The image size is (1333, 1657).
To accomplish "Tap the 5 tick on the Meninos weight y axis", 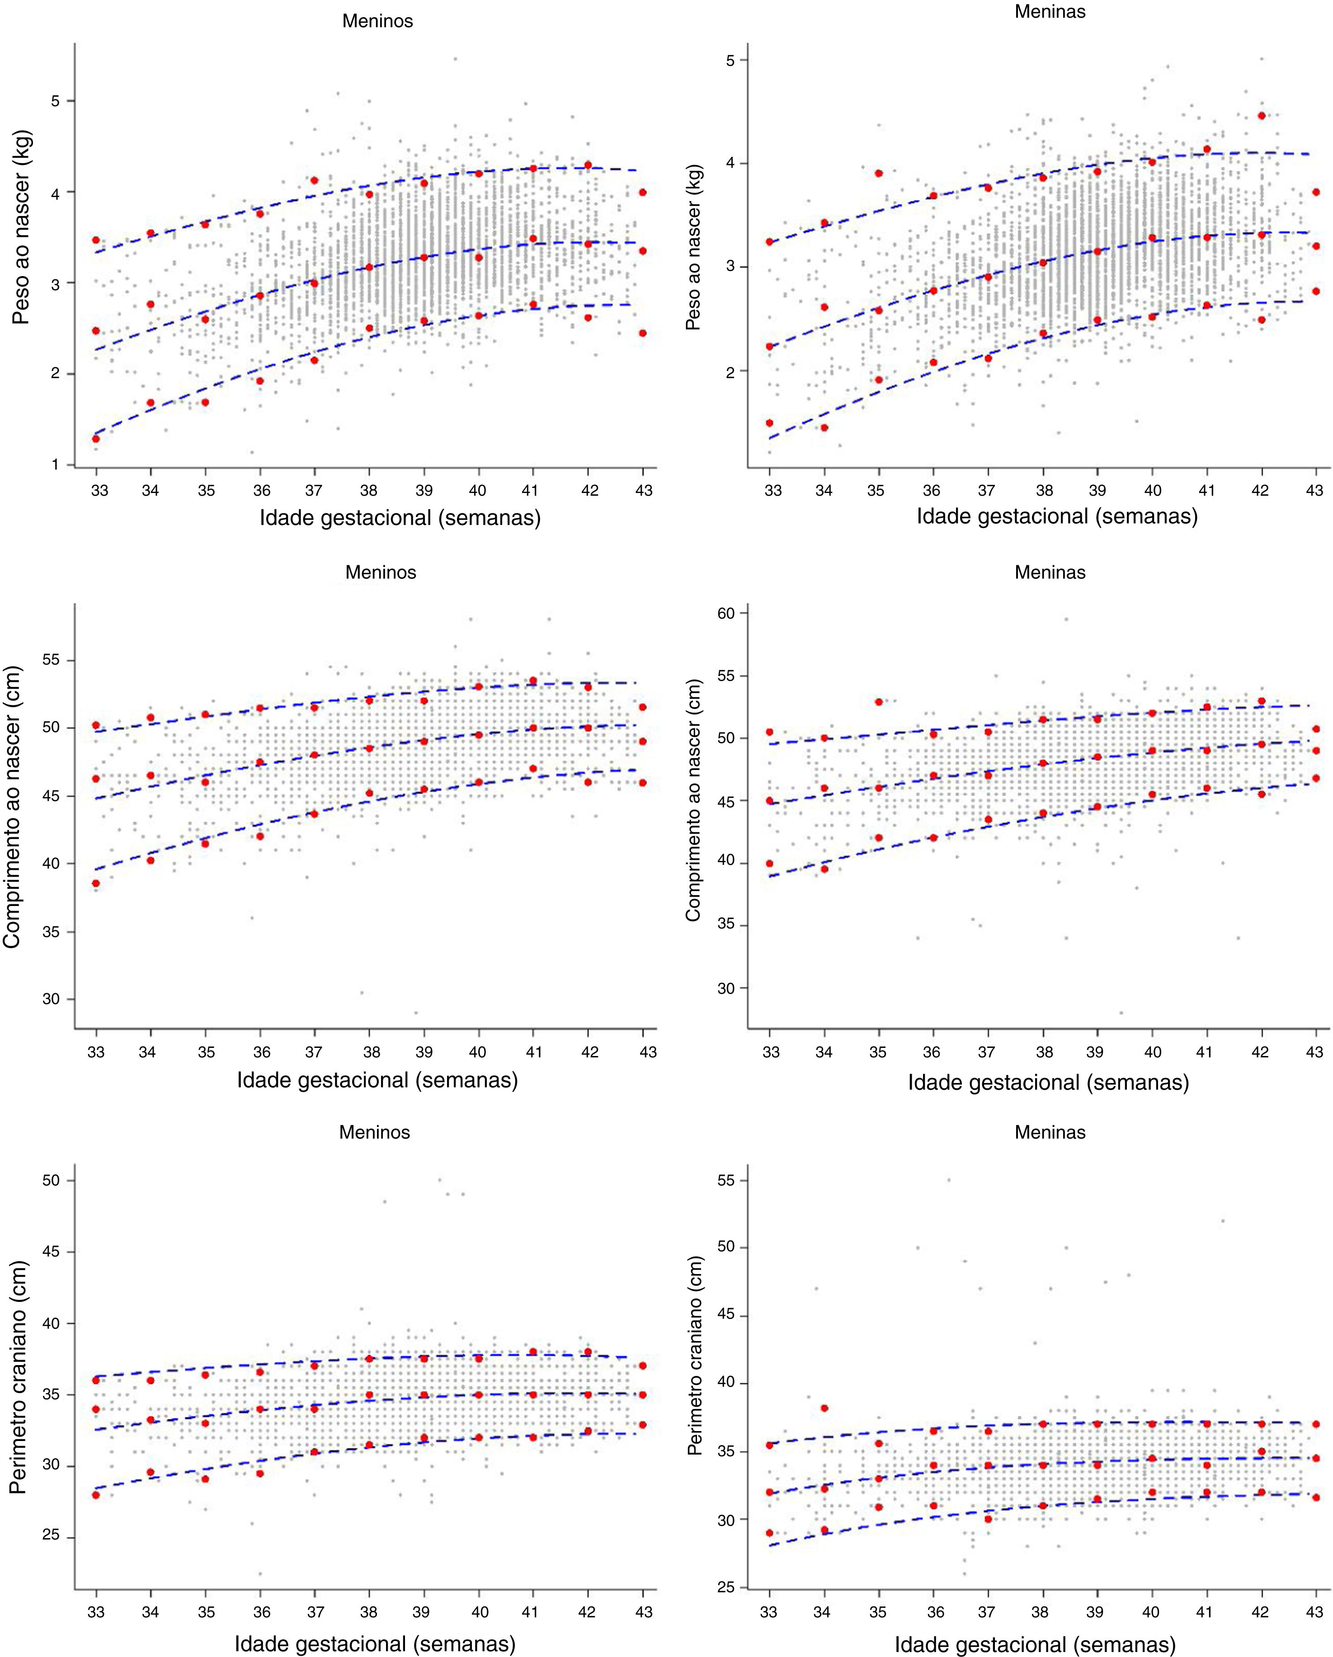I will [x=55, y=102].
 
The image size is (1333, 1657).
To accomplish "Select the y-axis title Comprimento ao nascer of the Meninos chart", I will [x=12, y=807].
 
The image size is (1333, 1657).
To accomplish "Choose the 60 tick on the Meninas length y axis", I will [x=725, y=613].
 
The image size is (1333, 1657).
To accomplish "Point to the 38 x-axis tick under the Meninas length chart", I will [x=1043, y=1052].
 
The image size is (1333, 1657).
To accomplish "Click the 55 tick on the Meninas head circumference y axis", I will [x=725, y=1180].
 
